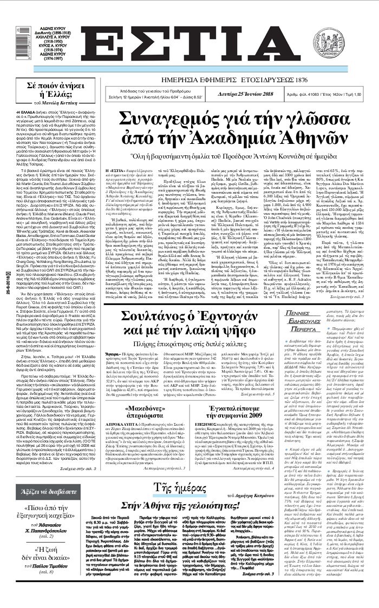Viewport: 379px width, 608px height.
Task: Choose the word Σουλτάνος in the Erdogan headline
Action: [x=153, y=317]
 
